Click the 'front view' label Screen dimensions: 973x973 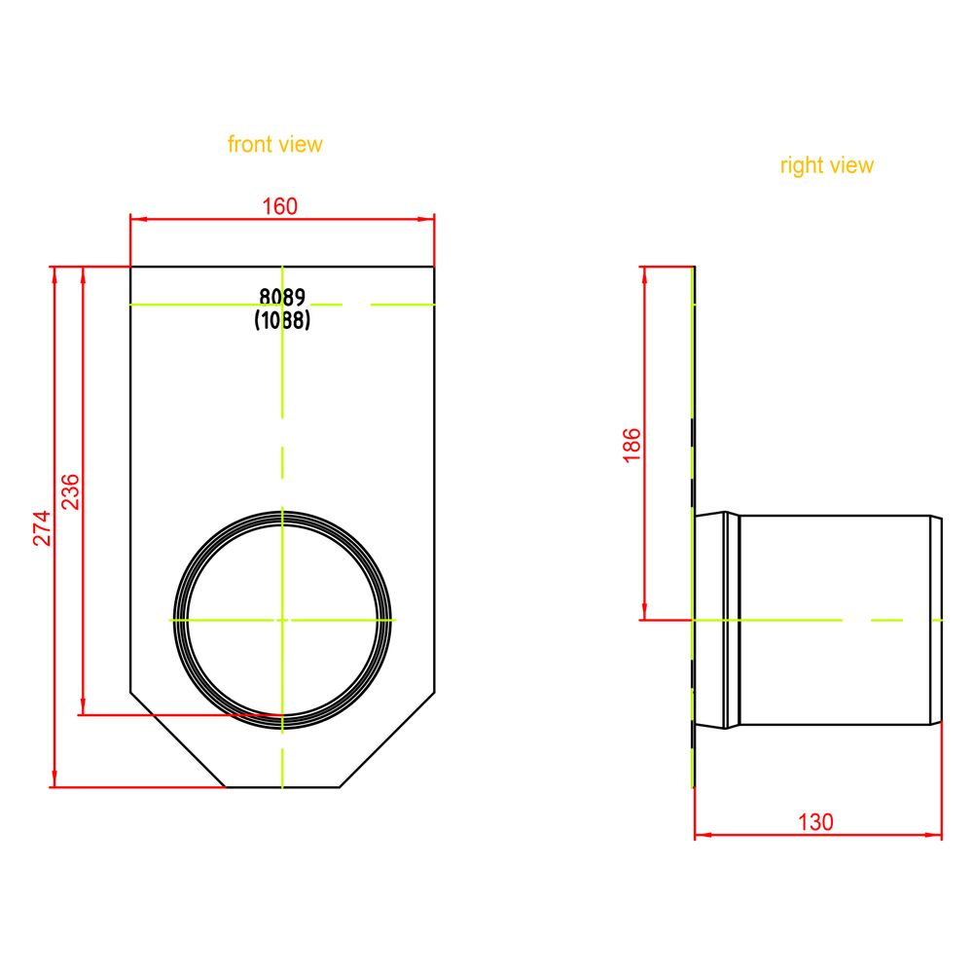[x=275, y=144]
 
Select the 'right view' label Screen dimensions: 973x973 [x=826, y=165]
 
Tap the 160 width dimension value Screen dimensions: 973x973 [x=280, y=206]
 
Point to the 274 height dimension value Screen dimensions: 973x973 [x=42, y=528]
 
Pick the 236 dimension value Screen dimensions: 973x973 [x=70, y=491]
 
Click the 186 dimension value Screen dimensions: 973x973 [x=631, y=445]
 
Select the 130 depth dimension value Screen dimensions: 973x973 [x=815, y=822]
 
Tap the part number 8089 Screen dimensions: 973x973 [x=282, y=297]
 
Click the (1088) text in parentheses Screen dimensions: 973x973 [x=282, y=320]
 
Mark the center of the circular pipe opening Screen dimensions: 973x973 [x=282, y=620]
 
